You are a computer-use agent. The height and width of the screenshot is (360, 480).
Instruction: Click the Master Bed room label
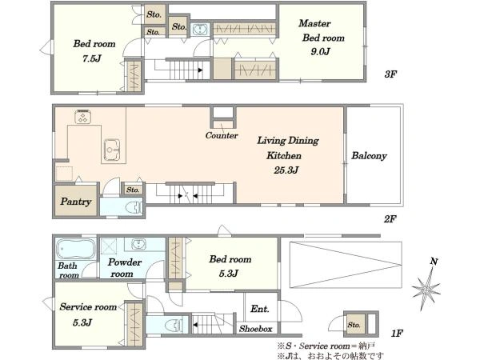322,30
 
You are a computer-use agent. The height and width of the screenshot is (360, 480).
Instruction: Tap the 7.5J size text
92,58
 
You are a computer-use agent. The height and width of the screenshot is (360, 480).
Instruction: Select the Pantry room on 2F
76,201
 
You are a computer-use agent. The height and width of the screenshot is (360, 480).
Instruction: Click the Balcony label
369,155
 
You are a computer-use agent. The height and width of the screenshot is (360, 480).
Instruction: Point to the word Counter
222,135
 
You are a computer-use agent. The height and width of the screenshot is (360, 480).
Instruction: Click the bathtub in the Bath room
76,249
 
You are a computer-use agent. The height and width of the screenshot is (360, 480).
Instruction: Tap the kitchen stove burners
82,117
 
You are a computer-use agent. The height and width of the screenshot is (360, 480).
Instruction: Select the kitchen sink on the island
112,150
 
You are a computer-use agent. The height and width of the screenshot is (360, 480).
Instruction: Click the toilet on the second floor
134,208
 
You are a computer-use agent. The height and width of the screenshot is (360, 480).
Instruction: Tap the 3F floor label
390,74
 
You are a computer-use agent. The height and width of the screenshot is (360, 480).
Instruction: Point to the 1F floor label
397,333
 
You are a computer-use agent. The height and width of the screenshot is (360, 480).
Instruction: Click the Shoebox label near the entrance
256,329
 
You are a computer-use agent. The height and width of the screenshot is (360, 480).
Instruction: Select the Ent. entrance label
259,309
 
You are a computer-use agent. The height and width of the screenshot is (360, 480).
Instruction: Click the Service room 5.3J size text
82,322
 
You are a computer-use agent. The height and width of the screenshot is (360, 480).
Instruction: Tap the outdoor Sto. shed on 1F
362,324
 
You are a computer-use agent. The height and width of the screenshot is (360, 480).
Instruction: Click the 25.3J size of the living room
286,170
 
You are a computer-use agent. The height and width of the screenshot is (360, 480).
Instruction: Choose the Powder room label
124,268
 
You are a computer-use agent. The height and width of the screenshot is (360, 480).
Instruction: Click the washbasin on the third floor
200,30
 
